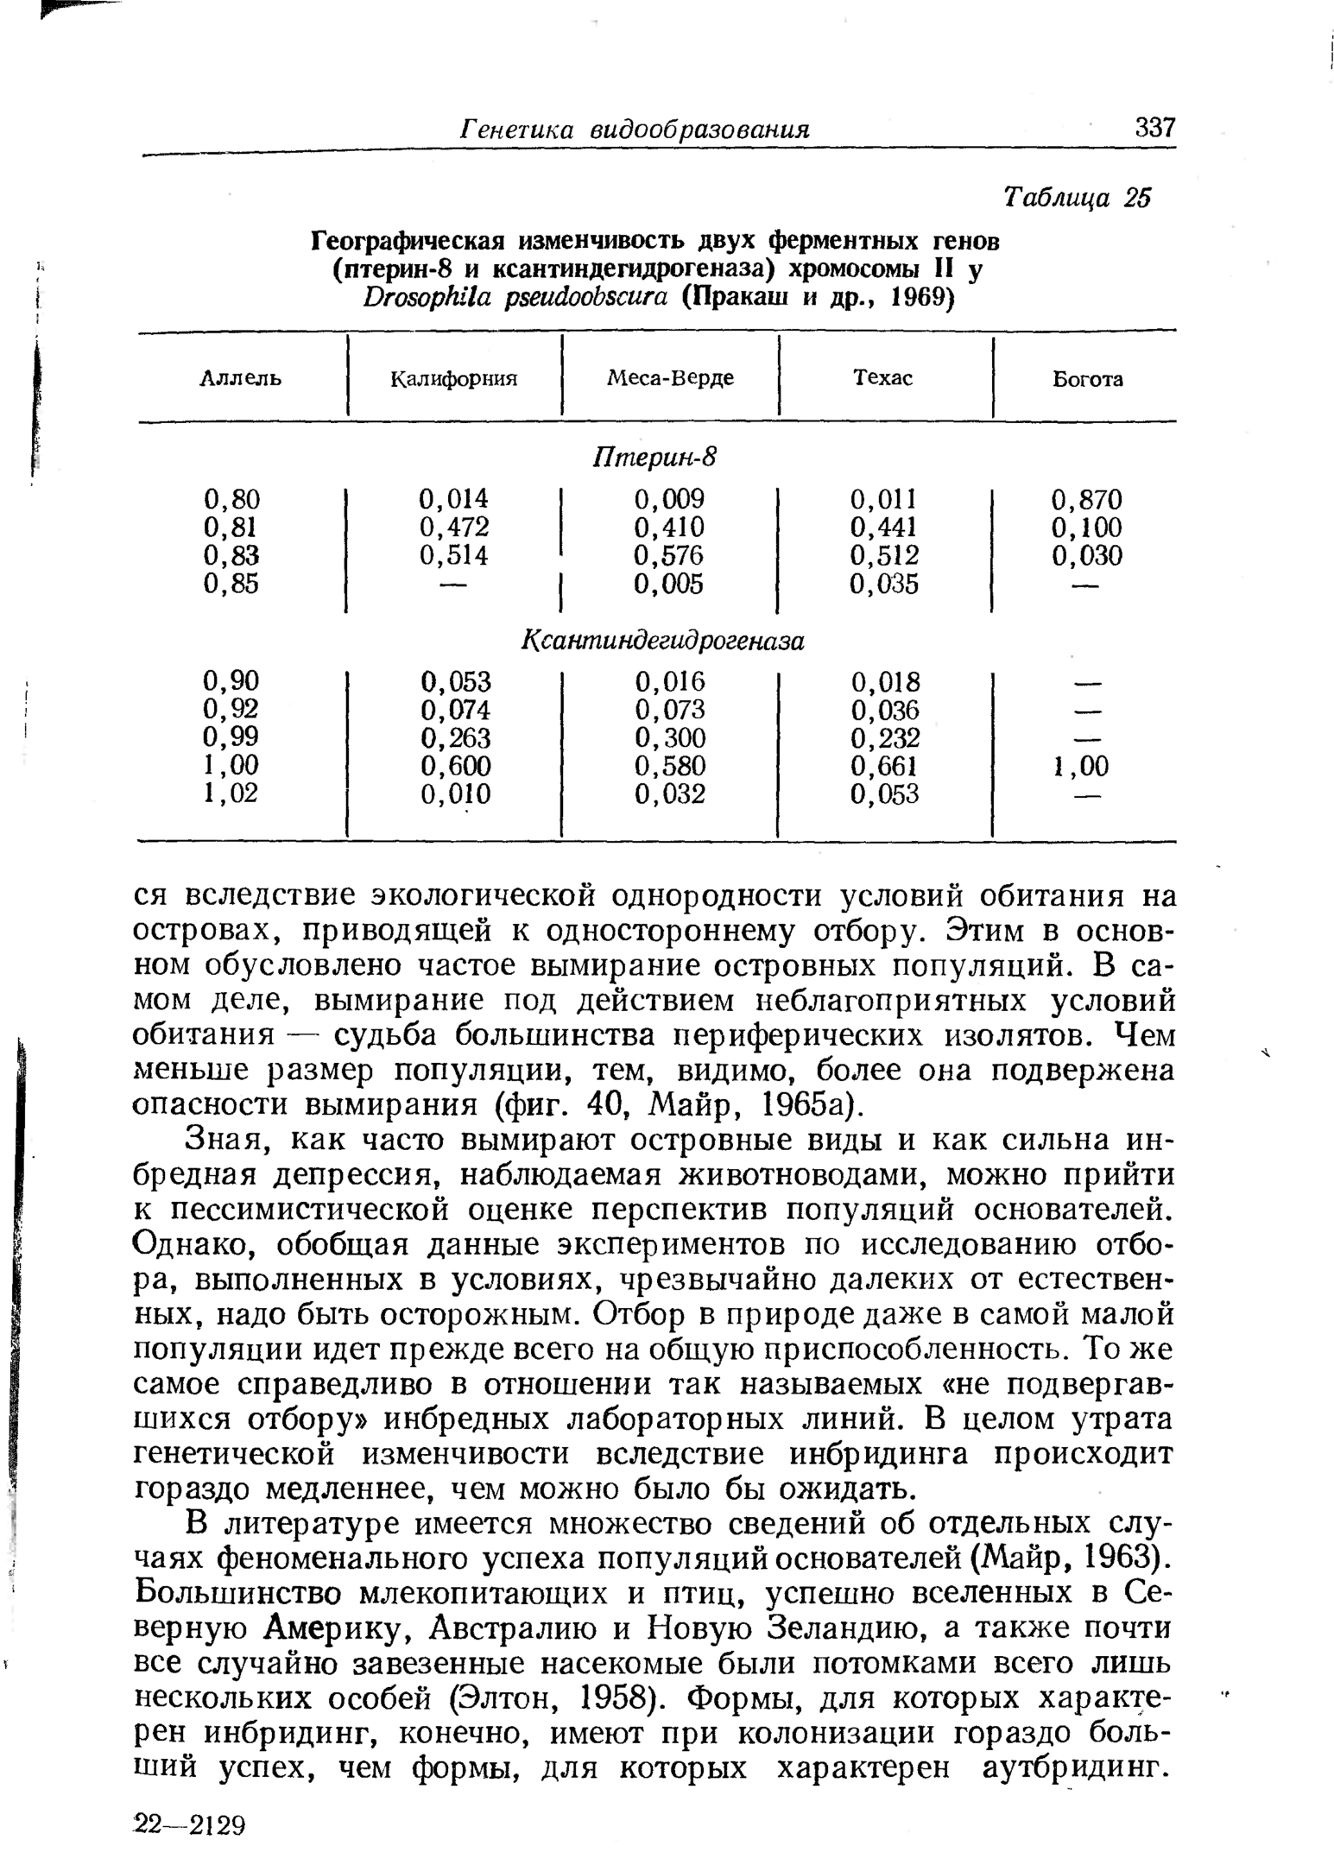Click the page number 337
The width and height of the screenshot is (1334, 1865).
pyautogui.click(x=1155, y=129)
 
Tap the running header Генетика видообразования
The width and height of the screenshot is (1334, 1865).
pyautogui.click(x=635, y=130)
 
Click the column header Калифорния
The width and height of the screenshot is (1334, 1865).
pyautogui.click(x=454, y=378)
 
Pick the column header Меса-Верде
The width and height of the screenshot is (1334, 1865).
pyautogui.click(x=670, y=378)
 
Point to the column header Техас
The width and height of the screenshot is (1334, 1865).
pyautogui.click(x=882, y=378)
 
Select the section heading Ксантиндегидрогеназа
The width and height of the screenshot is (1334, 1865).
pyautogui.click(x=663, y=642)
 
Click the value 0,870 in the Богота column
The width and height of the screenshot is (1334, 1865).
pyautogui.click(x=1086, y=500)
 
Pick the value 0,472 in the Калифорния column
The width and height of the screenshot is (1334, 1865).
pyautogui.click(x=454, y=527)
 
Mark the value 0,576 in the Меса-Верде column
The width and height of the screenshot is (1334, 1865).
pyautogui.click(x=669, y=555)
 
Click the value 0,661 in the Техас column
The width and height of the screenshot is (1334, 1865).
pyautogui.click(x=885, y=766)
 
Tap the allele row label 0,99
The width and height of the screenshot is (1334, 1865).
pyautogui.click(x=231, y=737)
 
